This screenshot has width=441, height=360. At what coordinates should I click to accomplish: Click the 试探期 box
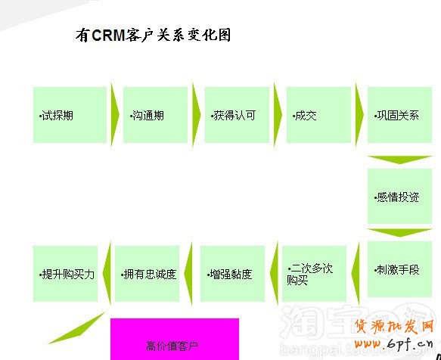pyautogui.click(x=70, y=115)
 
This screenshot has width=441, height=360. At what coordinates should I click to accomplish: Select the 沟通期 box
pyautogui.click(x=155, y=115)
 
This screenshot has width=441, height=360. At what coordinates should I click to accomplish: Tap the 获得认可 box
pyautogui.click(x=237, y=115)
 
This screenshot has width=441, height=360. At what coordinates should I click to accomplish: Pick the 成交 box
pyautogui.click(x=318, y=115)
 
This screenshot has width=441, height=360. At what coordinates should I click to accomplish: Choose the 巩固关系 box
pyautogui.click(x=399, y=115)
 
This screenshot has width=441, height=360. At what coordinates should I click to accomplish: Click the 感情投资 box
pyautogui.click(x=399, y=197)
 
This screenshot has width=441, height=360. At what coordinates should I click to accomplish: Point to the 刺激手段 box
pyautogui.click(x=399, y=270)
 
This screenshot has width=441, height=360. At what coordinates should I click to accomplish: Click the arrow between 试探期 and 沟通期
pyautogui.click(x=115, y=115)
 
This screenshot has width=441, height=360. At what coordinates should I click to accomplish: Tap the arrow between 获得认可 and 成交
pyautogui.click(x=278, y=115)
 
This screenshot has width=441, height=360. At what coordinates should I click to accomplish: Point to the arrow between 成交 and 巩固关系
pyautogui.click(x=359, y=115)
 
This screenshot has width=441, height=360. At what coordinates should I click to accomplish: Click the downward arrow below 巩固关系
pyautogui.click(x=399, y=160)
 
